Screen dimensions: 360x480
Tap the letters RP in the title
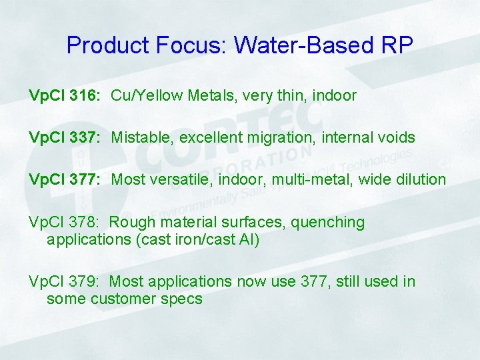pyautogui.click(x=397, y=45)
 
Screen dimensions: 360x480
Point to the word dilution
pyautogui.click(x=420, y=179)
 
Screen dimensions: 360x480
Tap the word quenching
pyautogui.click(x=329, y=222)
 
